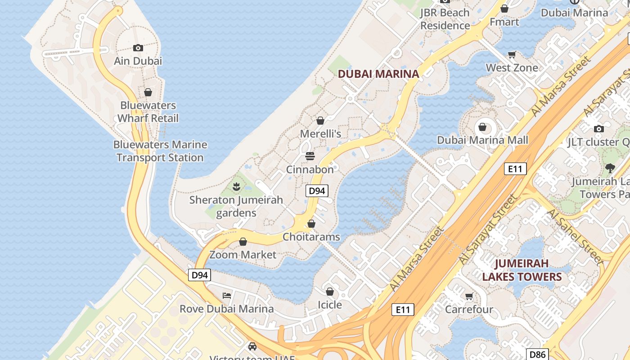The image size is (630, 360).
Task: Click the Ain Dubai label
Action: tap(138, 61)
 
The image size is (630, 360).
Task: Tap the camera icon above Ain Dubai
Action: tap(138, 48)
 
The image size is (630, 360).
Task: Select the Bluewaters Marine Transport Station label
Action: tap(160, 151)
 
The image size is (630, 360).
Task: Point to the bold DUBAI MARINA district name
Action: tap(378, 74)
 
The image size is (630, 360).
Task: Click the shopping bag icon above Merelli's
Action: tap(320, 121)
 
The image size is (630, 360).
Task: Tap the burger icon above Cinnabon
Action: tap(310, 156)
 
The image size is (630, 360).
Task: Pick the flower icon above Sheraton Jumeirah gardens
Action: tap(236, 186)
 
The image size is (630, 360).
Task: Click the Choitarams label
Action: tap(311, 237)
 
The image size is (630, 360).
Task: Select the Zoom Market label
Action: tap(243, 255)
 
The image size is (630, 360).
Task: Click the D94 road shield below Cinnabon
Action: tap(317, 191)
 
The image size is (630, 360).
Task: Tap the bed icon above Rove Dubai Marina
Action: tap(227, 296)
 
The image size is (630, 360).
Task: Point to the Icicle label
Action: tap(330, 305)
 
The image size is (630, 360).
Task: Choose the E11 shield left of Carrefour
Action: tap(402, 309)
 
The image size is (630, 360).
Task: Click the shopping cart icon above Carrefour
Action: tap(469, 296)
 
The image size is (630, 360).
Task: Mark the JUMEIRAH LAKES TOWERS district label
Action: tap(522, 270)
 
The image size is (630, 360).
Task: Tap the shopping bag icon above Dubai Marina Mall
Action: tap(482, 127)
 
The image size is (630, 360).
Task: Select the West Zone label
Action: tap(512, 68)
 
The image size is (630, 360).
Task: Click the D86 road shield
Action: tap(537, 355)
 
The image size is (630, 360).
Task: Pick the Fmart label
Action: tap(504, 22)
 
